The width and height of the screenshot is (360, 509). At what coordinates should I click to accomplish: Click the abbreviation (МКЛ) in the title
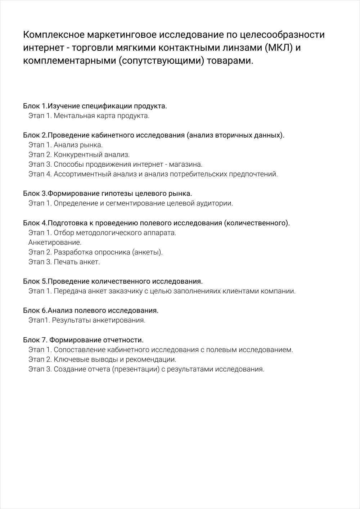pyautogui.click(x=278, y=48)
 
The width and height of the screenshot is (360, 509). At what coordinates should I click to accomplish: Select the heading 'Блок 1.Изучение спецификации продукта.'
pyautogui.click(x=95, y=106)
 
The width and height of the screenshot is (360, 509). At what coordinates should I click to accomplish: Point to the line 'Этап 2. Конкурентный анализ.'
pyautogui.click(x=79, y=155)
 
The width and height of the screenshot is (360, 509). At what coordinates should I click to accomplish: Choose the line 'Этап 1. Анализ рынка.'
pyautogui.click(x=66, y=145)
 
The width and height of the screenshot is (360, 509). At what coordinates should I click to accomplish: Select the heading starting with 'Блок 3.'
pyautogui.click(x=107, y=194)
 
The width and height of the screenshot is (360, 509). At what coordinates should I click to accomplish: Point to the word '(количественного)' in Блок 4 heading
pyautogui.click(x=257, y=223)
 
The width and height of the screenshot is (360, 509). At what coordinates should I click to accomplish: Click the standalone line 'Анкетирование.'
pyautogui.click(x=55, y=242)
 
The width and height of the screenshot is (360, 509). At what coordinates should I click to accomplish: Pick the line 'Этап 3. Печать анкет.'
pyautogui.click(x=64, y=262)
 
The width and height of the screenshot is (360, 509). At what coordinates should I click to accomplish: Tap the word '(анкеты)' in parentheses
pyautogui.click(x=148, y=252)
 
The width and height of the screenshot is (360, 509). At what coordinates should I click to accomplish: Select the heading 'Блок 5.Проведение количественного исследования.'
pyautogui.click(x=113, y=281)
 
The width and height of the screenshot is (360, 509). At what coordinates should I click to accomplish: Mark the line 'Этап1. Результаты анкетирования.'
pyautogui.click(x=87, y=320)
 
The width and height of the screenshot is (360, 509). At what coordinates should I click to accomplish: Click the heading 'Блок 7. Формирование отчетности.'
pyautogui.click(x=83, y=340)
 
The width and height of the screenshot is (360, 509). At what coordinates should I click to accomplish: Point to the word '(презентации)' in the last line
pyautogui.click(x=136, y=369)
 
